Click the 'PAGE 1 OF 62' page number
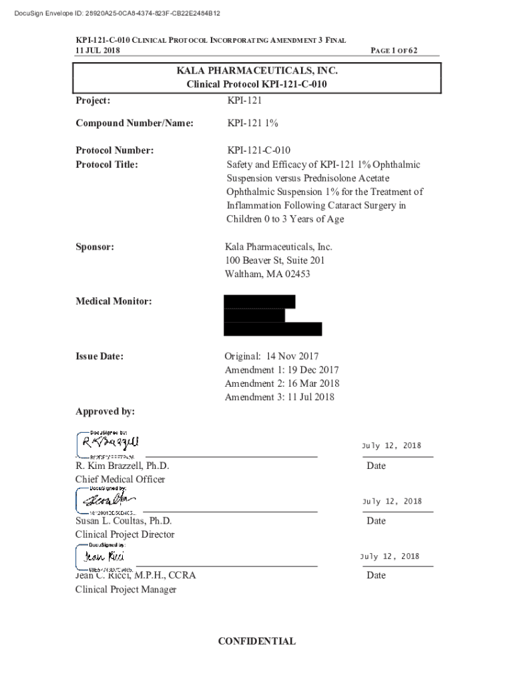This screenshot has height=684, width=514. point(394,51)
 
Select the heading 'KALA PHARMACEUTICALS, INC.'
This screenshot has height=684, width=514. point(257,71)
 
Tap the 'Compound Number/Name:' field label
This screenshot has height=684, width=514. point(134,123)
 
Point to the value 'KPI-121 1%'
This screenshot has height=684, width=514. point(252,123)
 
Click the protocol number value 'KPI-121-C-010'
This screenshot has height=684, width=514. point(258,150)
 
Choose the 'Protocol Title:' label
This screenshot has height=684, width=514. point(107,164)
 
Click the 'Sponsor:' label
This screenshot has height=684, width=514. point(95,246)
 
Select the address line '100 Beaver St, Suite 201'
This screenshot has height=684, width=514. point(275,261)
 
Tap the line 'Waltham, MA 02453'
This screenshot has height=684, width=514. point(268,274)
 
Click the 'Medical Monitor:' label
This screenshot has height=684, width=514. point(113,301)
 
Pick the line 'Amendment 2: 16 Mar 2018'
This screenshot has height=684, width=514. point(282,383)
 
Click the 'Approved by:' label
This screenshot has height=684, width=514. point(105,411)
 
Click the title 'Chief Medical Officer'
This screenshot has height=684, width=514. point(120,479)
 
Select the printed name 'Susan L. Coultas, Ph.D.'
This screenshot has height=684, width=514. point(123,520)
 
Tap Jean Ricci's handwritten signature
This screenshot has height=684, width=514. point(104,556)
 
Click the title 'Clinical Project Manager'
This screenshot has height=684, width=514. point(126,589)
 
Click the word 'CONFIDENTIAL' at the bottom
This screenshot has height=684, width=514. point(257,641)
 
